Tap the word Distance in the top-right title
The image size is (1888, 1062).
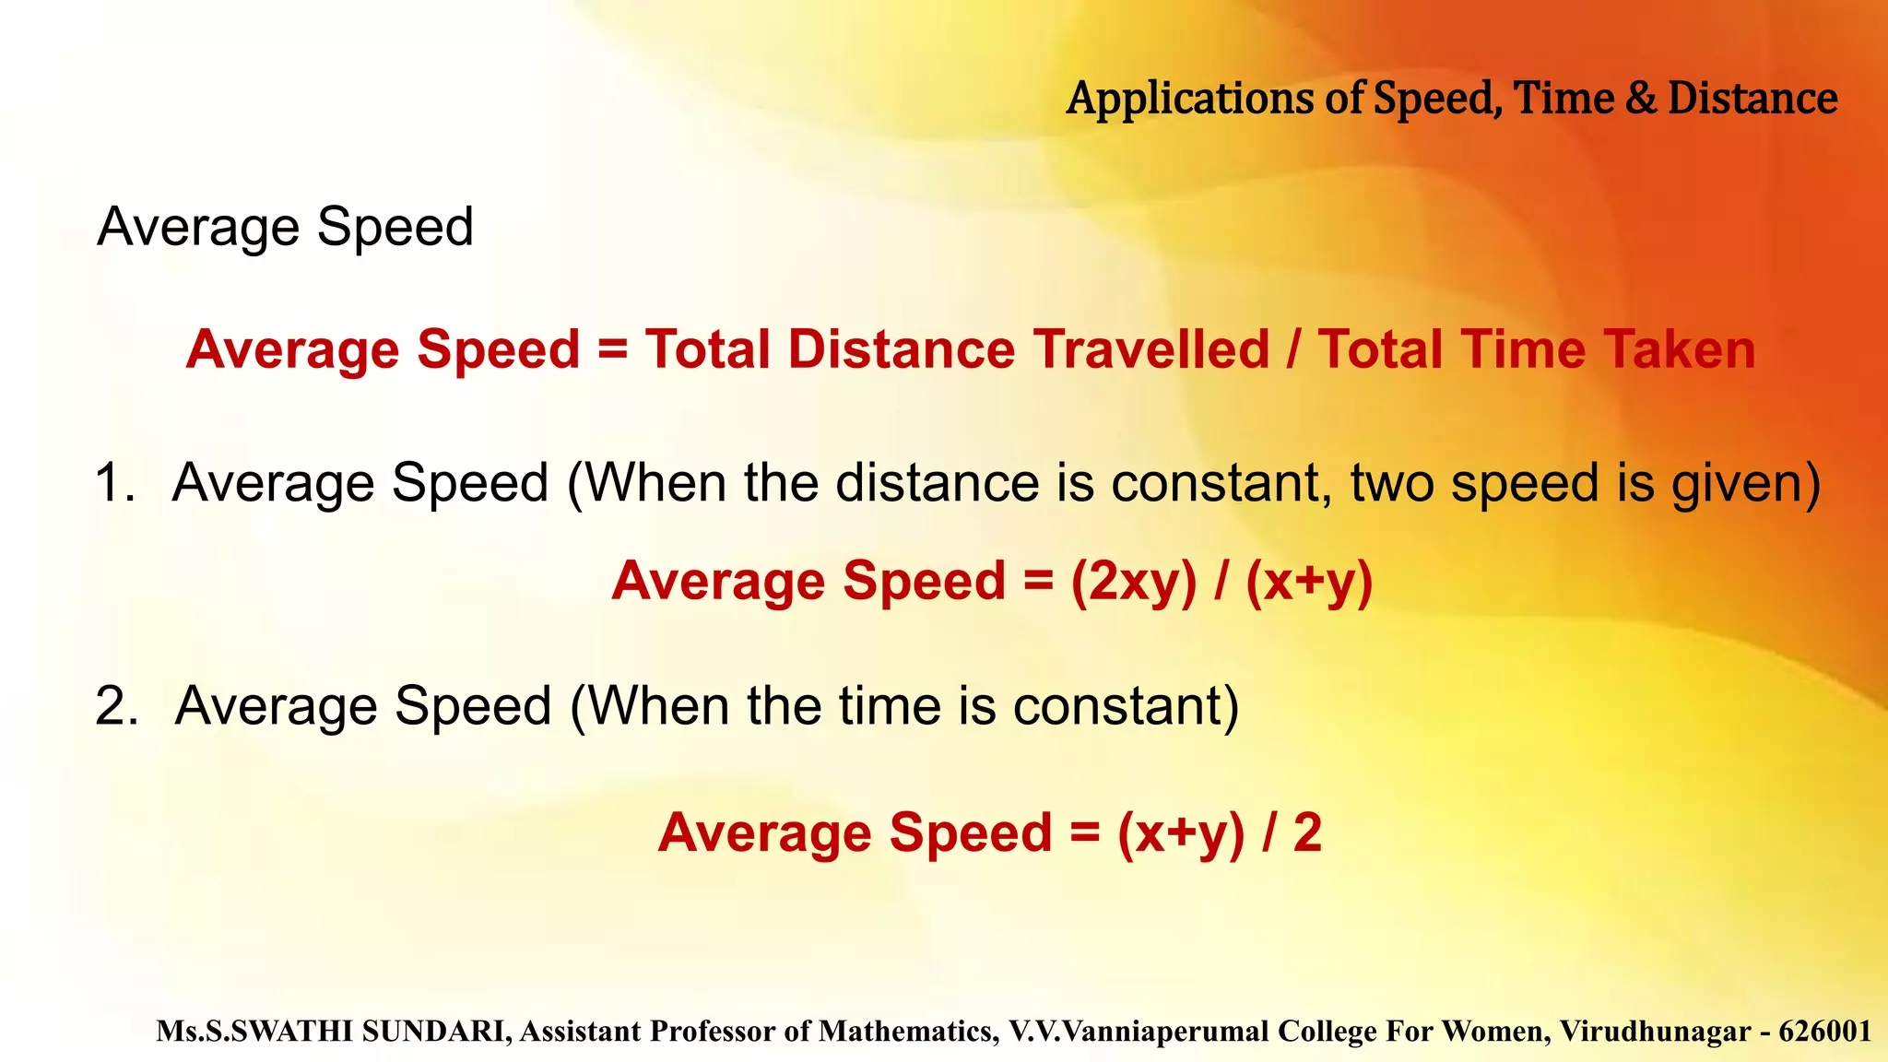point(1752,99)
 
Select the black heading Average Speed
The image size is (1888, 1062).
point(285,227)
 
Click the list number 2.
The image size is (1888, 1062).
point(116,706)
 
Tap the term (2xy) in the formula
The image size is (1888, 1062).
point(1133,582)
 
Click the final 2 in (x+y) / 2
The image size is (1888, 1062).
point(1307,832)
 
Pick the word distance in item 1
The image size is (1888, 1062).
point(938,483)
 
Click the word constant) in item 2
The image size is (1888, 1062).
point(1126,706)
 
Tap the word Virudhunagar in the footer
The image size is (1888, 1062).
point(1655,1031)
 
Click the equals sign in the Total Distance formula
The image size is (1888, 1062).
point(612,350)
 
